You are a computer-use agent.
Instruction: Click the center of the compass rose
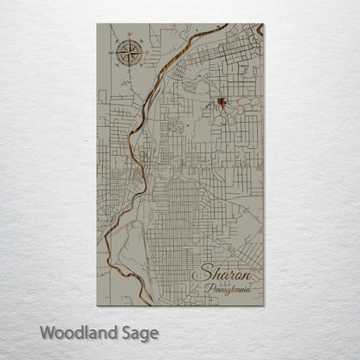click(x=129, y=51)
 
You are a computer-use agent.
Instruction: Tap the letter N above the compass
click(x=129, y=36)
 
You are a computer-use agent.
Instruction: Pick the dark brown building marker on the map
click(x=222, y=103)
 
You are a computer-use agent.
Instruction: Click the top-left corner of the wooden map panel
click(x=98, y=24)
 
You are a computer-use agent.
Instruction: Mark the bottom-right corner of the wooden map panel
click(x=262, y=305)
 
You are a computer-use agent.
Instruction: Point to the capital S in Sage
click(x=119, y=332)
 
